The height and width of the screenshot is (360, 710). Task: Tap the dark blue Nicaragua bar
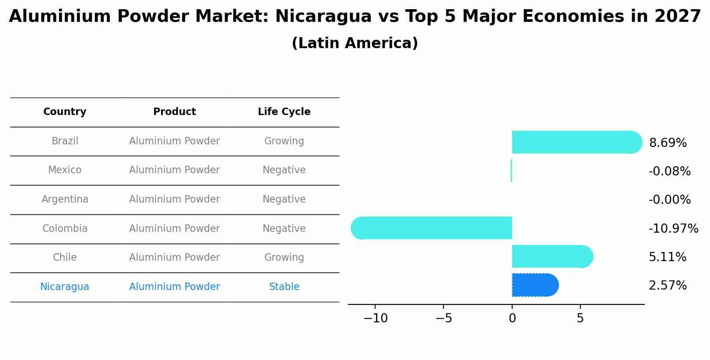[534, 285]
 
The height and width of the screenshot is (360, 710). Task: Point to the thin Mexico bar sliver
[511, 171]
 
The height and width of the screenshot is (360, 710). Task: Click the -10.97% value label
[673, 228]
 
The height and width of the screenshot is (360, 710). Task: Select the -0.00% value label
[669, 200]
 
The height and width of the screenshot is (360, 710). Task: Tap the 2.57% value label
[668, 286]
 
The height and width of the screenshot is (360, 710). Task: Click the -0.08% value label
[669, 171]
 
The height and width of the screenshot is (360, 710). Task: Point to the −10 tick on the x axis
[375, 318]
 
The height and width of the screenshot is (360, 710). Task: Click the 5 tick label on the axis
[580, 318]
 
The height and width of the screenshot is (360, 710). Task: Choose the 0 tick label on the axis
[512, 318]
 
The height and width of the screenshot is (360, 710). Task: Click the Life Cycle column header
[284, 112]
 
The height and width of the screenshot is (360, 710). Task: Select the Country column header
[65, 112]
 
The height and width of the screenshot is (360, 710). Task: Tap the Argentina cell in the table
[65, 199]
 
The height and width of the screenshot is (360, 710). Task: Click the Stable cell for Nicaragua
[284, 287]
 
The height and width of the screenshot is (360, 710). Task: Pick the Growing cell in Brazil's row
[284, 141]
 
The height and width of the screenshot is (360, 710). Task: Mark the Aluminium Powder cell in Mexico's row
[174, 170]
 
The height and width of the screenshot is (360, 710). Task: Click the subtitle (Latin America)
[355, 43]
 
